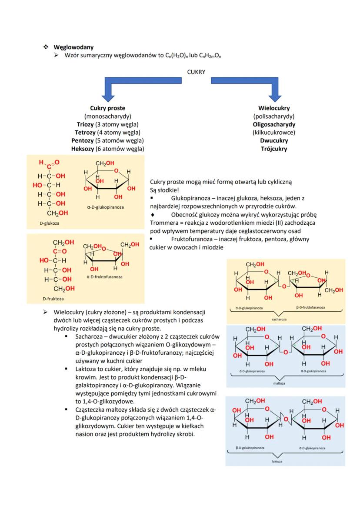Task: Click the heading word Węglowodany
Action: pyautogui.click(x=73, y=47)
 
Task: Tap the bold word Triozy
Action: pyautogui.click(x=85, y=124)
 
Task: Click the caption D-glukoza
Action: pyautogui.click(x=49, y=223)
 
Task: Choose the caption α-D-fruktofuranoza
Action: pyautogui.click(x=104, y=276)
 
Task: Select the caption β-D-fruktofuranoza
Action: pyautogui.click(x=310, y=307)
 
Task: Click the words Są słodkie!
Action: pyautogui.click(x=164, y=190)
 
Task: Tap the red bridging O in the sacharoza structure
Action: pyautogui.click(x=283, y=286)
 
